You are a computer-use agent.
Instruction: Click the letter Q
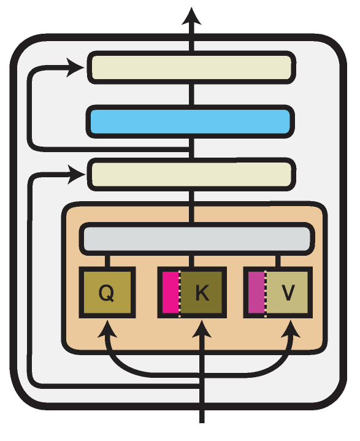(x=106, y=293)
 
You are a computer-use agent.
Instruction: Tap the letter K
(x=202, y=293)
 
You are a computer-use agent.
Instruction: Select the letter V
(x=288, y=293)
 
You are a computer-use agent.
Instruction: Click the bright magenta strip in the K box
(x=170, y=292)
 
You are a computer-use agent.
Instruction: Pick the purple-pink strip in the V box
(x=256, y=292)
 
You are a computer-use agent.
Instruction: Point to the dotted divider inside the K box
(x=180, y=292)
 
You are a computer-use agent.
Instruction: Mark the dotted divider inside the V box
(x=266, y=292)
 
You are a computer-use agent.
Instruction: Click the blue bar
(x=190, y=121)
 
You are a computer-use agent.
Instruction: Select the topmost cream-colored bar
(x=191, y=67)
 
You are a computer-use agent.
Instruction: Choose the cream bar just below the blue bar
(x=191, y=174)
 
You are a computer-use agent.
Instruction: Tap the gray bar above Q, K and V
(x=197, y=239)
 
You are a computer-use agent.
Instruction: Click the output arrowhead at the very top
(x=191, y=17)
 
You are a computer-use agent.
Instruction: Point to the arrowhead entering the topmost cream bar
(x=75, y=67)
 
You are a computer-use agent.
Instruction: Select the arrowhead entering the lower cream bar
(x=76, y=174)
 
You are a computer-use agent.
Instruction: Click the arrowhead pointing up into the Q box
(x=107, y=329)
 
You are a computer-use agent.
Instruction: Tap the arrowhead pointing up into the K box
(x=202, y=329)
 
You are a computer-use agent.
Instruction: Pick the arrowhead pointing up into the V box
(x=291, y=329)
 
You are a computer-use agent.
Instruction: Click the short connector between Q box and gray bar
(x=107, y=261)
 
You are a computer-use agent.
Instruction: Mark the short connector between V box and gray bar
(x=278, y=261)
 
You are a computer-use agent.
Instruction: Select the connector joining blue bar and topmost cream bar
(x=191, y=94)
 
